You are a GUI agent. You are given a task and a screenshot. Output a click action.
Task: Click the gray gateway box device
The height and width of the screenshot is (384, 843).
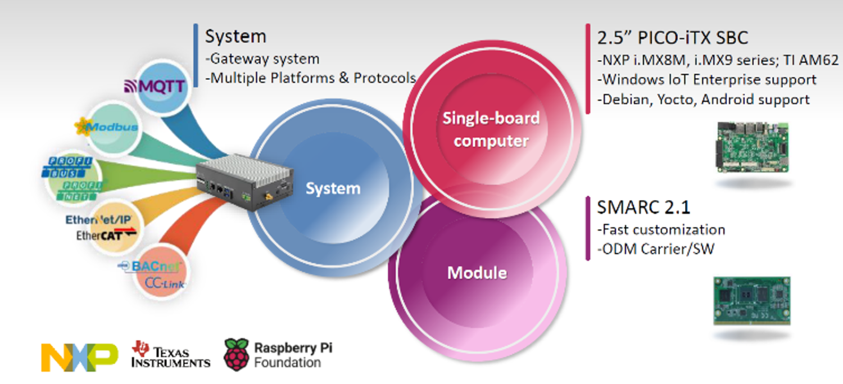point(246,182)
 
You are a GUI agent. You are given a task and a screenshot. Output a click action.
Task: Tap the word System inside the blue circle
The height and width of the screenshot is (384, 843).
point(333,188)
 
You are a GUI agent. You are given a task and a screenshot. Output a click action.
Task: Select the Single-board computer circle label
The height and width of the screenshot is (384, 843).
point(491,129)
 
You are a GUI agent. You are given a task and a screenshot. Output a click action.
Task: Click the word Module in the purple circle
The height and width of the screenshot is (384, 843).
point(477,273)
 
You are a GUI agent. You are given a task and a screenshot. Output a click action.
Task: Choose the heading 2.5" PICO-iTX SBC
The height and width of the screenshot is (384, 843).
point(672,38)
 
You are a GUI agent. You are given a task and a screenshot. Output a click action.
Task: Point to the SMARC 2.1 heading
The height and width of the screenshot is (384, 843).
point(643,207)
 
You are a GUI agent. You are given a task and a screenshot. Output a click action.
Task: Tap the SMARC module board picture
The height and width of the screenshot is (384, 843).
point(752,300)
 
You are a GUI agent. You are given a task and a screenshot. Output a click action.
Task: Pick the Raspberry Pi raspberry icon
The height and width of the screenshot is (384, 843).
point(236,354)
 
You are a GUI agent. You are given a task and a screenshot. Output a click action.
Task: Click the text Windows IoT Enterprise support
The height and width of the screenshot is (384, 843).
point(706,80)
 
